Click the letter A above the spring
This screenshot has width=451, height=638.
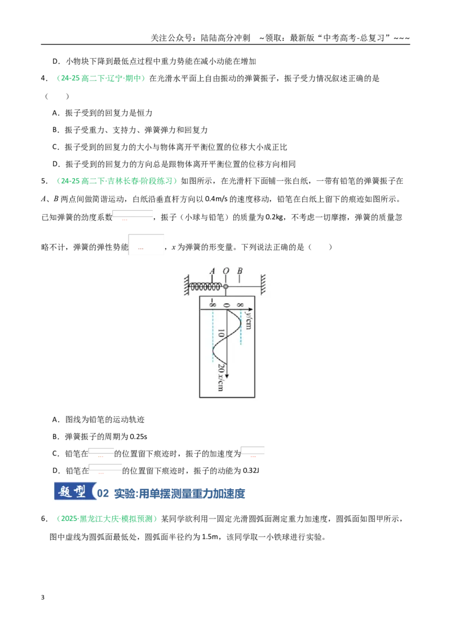[x=212, y=271]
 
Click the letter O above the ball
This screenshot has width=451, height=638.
[x=226, y=271]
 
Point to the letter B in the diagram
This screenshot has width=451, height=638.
[x=240, y=271]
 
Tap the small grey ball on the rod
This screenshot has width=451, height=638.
[x=226, y=286]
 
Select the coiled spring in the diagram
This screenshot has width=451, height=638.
[x=206, y=287]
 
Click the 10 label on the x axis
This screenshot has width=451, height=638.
[x=220, y=333]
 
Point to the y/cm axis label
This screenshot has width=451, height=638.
[x=249, y=320]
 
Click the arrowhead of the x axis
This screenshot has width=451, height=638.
[x=227, y=375]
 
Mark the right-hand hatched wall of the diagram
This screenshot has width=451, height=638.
[x=263, y=284]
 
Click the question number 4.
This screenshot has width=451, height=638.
[x=44, y=78]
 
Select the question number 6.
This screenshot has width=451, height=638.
[x=44, y=519]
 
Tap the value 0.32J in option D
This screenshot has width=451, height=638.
[x=251, y=471]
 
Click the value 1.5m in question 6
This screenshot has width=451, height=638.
[x=210, y=537]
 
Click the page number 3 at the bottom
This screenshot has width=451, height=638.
[x=43, y=598]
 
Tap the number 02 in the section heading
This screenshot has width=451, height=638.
[x=103, y=494]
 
